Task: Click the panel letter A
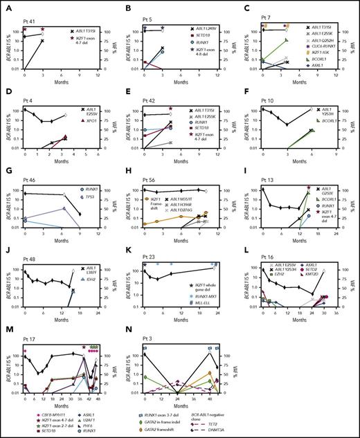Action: (7, 6)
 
